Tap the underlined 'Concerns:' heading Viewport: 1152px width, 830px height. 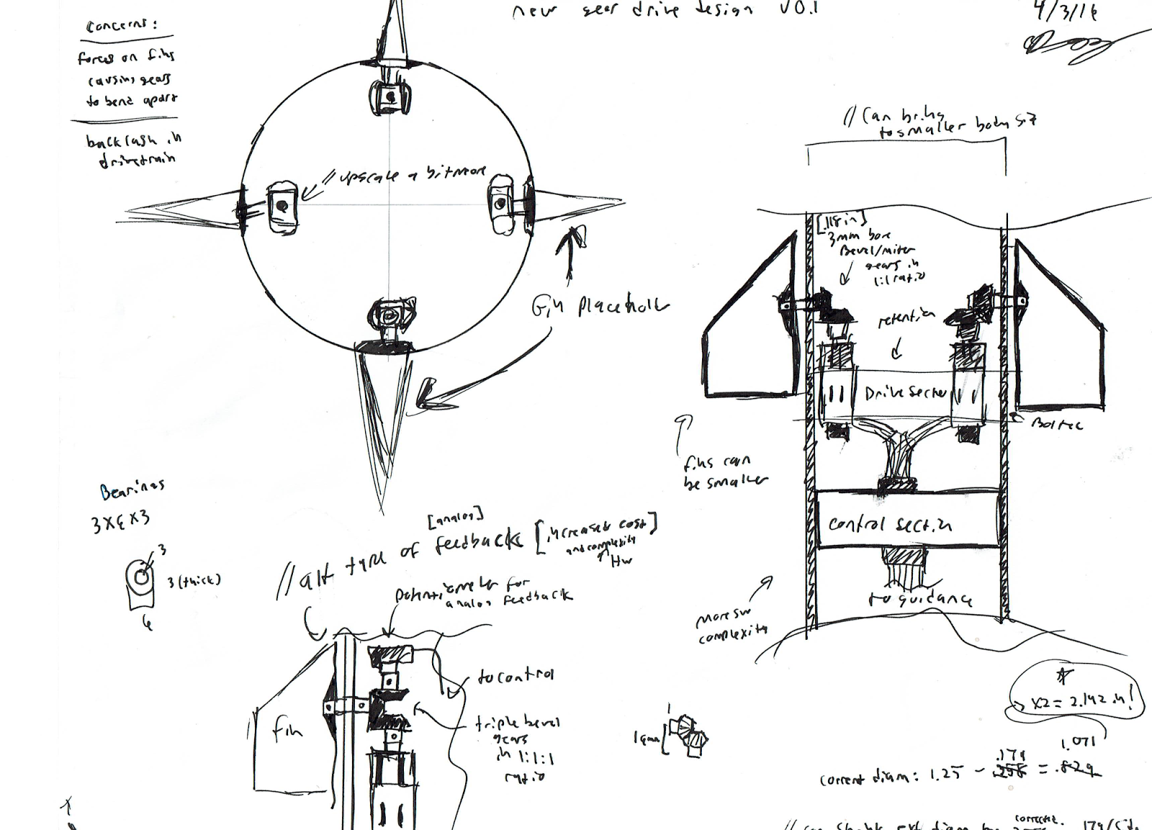(121, 27)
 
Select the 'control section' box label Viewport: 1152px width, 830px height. (890, 524)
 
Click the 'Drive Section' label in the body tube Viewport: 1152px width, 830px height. (905, 393)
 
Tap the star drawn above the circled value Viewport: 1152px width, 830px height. (1063, 675)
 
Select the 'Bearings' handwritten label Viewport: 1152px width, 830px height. (132, 490)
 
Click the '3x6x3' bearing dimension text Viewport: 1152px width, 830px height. (120, 520)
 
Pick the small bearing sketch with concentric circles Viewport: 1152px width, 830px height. (141, 577)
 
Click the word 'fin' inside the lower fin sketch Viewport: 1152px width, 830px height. (287, 731)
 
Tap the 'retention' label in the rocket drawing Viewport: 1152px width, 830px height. (906, 319)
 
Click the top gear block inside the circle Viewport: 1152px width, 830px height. (390, 96)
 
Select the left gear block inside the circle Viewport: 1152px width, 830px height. (282, 207)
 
